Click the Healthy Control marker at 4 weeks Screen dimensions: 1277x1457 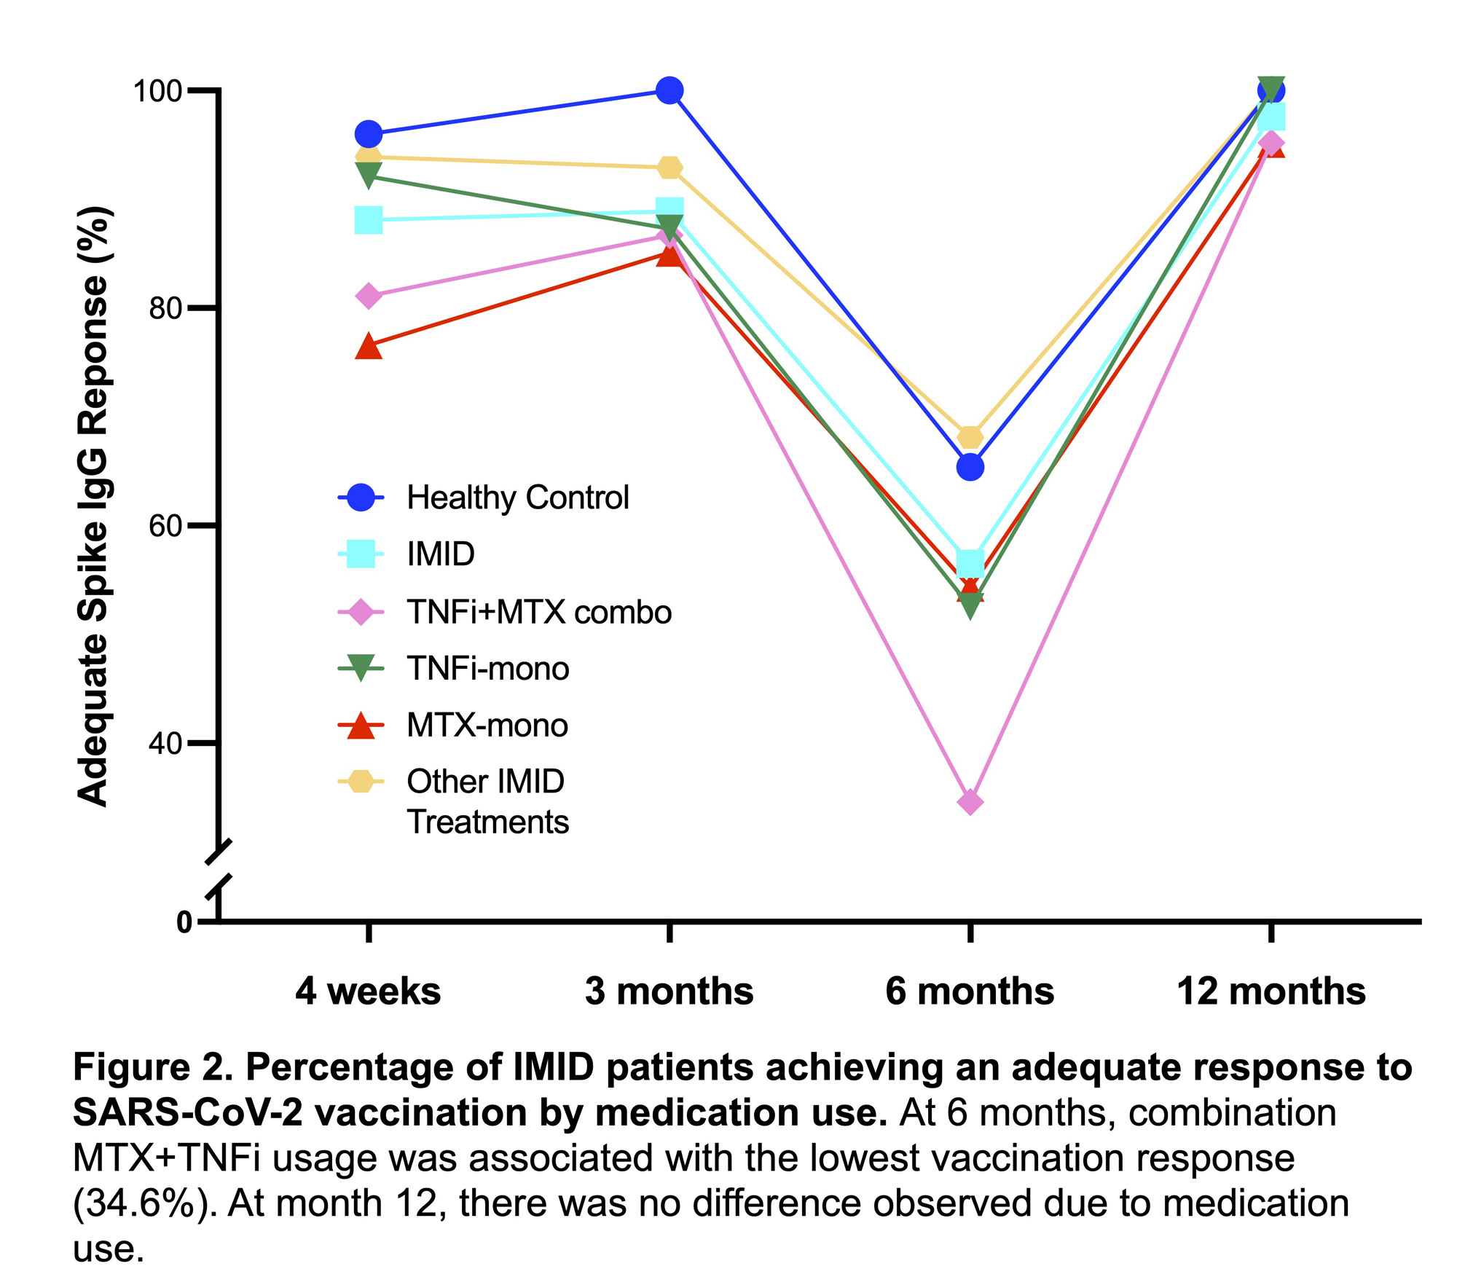[369, 135]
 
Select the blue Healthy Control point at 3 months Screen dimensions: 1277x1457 [669, 91]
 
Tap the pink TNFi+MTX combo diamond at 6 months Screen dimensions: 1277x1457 [970, 802]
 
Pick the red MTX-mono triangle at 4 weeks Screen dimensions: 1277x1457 [369, 347]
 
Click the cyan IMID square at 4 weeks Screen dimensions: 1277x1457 [369, 219]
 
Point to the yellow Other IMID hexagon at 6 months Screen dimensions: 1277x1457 [970, 437]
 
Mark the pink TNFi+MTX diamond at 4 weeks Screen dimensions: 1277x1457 [369, 296]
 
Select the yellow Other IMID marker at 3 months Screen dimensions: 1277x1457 [669, 168]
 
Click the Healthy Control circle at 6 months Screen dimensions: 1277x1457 [970, 467]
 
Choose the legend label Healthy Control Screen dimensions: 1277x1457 [517, 498]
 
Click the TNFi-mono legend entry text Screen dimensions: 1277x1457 [487, 669]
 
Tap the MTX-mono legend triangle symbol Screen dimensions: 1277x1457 [361, 726]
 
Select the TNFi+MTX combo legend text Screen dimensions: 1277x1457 [539, 612]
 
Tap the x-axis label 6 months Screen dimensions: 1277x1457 [970, 991]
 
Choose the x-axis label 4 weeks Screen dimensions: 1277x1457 [369, 991]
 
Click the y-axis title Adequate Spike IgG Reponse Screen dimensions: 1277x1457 [93, 506]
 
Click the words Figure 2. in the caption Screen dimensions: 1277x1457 [152, 1068]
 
